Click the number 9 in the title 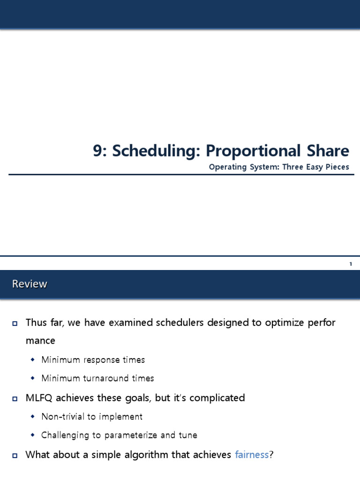tap(97, 151)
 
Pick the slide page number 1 tap(350, 264)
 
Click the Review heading tap(30, 284)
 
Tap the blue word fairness tap(252, 454)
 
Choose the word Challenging tap(64, 435)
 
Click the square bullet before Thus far tap(15, 323)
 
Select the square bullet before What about tap(15, 455)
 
